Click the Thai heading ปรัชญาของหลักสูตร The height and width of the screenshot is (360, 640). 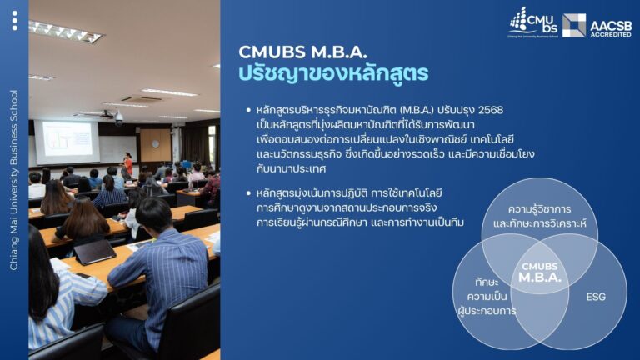(x=333, y=73)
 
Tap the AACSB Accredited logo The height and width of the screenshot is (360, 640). (x=597, y=25)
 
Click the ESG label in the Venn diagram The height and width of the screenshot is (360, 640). (x=595, y=297)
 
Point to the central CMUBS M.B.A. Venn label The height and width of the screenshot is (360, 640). (x=540, y=272)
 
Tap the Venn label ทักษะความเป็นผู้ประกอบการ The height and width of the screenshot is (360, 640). (x=487, y=297)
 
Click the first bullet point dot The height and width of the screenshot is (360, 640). (x=248, y=110)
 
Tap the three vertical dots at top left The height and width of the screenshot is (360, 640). (x=14, y=20)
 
